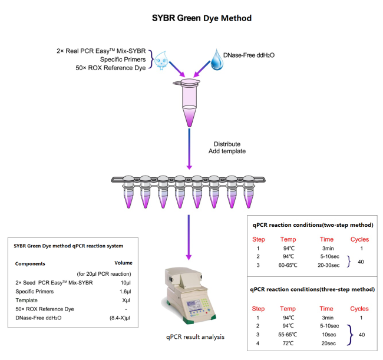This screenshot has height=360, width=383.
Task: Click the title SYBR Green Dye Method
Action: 202,18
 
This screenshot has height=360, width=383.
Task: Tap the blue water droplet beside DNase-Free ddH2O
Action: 217,60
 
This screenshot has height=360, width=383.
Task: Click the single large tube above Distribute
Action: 189,103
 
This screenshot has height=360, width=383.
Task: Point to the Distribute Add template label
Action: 227,147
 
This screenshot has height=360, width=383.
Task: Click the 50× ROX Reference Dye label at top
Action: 111,68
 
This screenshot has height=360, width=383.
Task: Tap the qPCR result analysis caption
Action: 195,337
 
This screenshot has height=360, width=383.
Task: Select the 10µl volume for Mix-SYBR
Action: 126,283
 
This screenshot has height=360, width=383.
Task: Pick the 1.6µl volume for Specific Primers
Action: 126,292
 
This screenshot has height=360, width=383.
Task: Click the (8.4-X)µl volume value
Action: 120,318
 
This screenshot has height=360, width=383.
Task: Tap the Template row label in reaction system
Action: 27,300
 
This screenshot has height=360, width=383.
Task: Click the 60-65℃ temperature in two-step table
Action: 288,265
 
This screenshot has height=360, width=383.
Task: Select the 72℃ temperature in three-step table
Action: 289,344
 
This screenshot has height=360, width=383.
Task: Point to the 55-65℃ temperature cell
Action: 288,335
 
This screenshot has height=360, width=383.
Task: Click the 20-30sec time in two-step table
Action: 329,265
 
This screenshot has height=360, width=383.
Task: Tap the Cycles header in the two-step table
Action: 360,239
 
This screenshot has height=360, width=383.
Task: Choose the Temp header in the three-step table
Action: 288,309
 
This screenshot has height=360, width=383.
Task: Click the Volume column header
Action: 123,263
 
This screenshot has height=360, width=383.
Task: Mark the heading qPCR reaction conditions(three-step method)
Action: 312,289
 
